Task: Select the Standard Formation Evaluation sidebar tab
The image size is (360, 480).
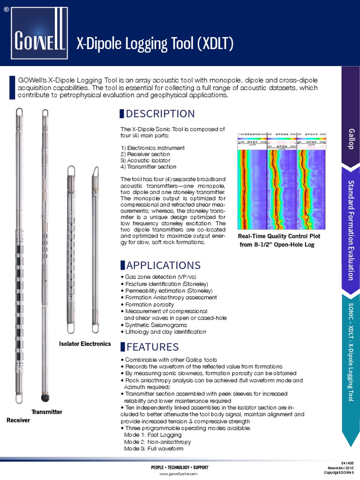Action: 351,230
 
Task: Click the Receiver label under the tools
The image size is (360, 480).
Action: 18,420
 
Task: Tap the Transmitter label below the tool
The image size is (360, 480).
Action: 47,412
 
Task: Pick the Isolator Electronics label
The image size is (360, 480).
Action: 85,344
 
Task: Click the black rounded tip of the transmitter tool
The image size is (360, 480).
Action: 45,398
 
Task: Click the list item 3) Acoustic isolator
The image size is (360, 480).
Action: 145,160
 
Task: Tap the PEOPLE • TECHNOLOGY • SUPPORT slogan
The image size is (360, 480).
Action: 180,467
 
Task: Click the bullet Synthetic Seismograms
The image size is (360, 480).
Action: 156,325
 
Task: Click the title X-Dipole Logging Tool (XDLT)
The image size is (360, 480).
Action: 155,45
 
